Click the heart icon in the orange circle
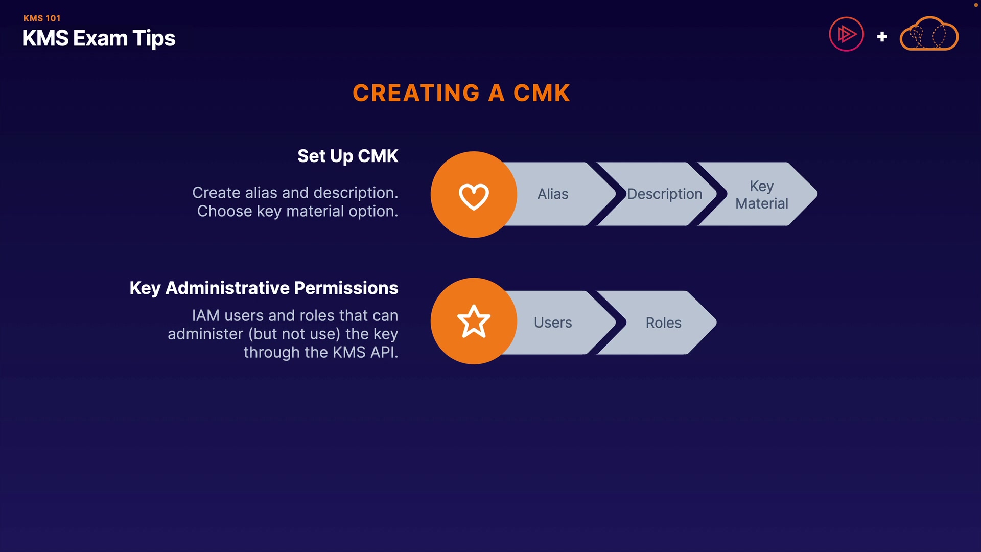pyautogui.click(x=474, y=196)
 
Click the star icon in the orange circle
pyautogui.click(x=474, y=322)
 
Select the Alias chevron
pyautogui.click(x=553, y=194)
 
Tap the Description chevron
pyautogui.click(x=664, y=194)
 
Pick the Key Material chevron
pyautogui.click(x=761, y=195)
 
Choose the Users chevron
pyautogui.click(x=553, y=323)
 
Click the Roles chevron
pyautogui.click(x=663, y=323)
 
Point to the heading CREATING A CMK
pyautogui.click(x=461, y=93)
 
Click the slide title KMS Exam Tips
pyautogui.click(x=99, y=38)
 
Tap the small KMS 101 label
pyautogui.click(x=42, y=18)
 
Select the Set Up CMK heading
pyautogui.click(x=347, y=156)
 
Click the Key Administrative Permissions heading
pyautogui.click(x=264, y=288)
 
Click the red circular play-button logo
pyautogui.click(x=846, y=35)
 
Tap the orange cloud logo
pyautogui.click(x=929, y=34)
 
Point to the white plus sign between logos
pyautogui.click(x=882, y=37)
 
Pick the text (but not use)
pyautogui.click(x=294, y=334)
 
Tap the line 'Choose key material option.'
pyautogui.click(x=297, y=212)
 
